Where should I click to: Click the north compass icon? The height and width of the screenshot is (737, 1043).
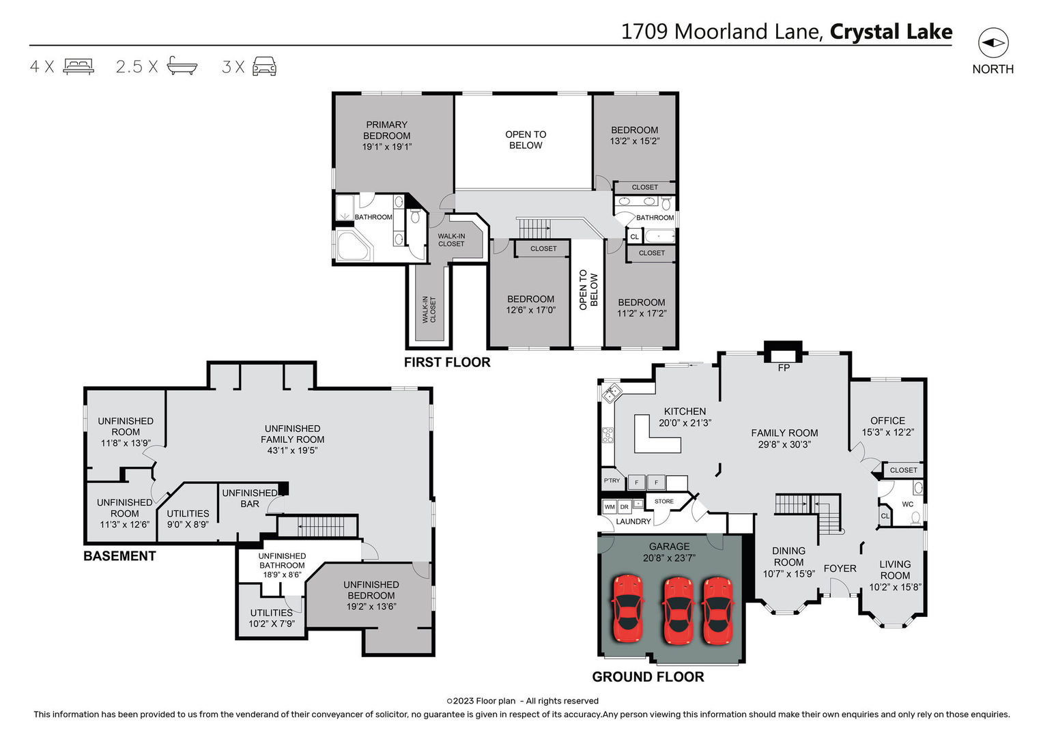(x=992, y=44)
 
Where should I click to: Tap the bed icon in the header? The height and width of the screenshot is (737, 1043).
(x=78, y=66)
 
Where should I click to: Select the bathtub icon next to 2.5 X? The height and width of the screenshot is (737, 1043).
(x=182, y=66)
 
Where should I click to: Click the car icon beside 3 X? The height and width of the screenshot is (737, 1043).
(x=264, y=66)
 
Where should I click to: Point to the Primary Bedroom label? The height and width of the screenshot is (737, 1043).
(x=386, y=130)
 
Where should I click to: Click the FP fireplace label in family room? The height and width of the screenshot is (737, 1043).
(x=784, y=368)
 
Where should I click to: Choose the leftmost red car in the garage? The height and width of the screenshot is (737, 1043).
(x=627, y=608)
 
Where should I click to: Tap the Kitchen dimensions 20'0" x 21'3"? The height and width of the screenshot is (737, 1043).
(x=685, y=423)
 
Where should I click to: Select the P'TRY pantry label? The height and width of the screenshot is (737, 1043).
(x=612, y=480)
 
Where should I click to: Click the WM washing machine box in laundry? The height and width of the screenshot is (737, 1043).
(x=610, y=507)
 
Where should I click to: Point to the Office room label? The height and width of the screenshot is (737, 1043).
(x=887, y=420)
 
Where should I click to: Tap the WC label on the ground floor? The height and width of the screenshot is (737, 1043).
(x=907, y=504)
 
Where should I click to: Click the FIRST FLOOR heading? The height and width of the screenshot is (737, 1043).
(x=447, y=362)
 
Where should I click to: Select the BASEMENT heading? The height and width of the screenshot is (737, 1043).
(x=119, y=556)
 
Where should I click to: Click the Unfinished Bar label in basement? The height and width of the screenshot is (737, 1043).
(x=250, y=498)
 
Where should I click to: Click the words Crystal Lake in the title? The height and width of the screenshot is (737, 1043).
(x=891, y=31)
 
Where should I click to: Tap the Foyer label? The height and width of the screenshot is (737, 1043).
(x=840, y=568)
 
